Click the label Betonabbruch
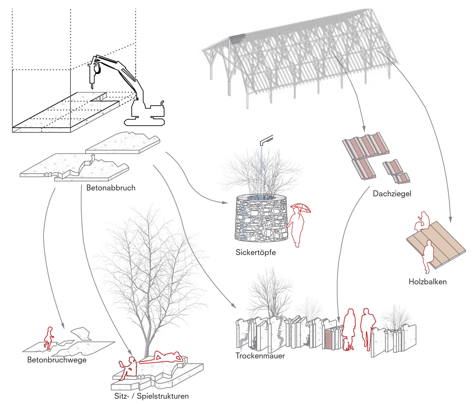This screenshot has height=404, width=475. coord(111,188)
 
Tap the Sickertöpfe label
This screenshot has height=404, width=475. coord(255,252)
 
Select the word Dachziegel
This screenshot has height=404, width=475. coord(392,194)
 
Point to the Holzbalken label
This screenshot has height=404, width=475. coord(427,282)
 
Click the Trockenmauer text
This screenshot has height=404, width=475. coord(260,356)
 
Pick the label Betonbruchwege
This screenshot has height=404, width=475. coord(57,360)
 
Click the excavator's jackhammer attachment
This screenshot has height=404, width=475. coord(93,73)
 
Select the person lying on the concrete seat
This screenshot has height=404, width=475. coord(162,357)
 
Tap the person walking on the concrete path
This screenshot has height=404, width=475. coord(49,338)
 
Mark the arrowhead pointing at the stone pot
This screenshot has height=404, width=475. coord(226,203)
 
